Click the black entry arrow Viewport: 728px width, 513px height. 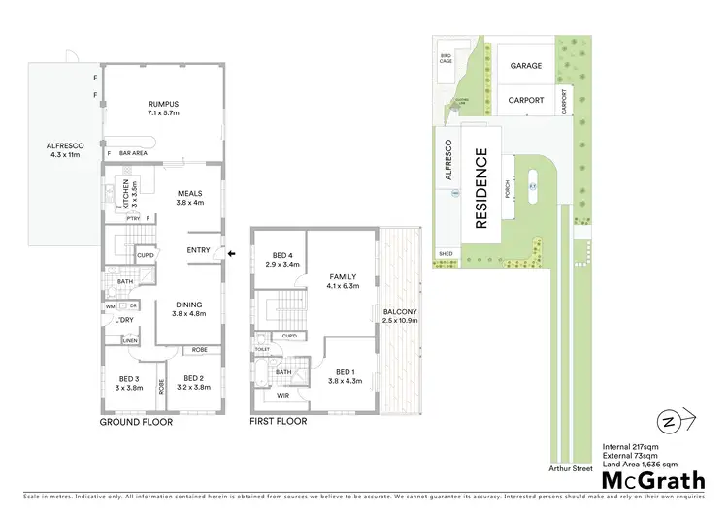pyautogui.click(x=231, y=254)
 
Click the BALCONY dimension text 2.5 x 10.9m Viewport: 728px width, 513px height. pyautogui.click(x=401, y=320)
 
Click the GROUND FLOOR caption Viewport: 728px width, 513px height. pyautogui.click(x=137, y=423)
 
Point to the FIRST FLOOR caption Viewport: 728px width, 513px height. pyautogui.click(x=279, y=422)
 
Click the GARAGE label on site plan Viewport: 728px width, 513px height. pyautogui.click(x=526, y=66)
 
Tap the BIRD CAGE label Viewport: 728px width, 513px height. pyautogui.click(x=447, y=58)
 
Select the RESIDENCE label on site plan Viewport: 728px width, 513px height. pyautogui.click(x=480, y=188)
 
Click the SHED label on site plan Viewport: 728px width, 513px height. pyautogui.click(x=447, y=254)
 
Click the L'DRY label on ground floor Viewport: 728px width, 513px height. pyautogui.click(x=123, y=320)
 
